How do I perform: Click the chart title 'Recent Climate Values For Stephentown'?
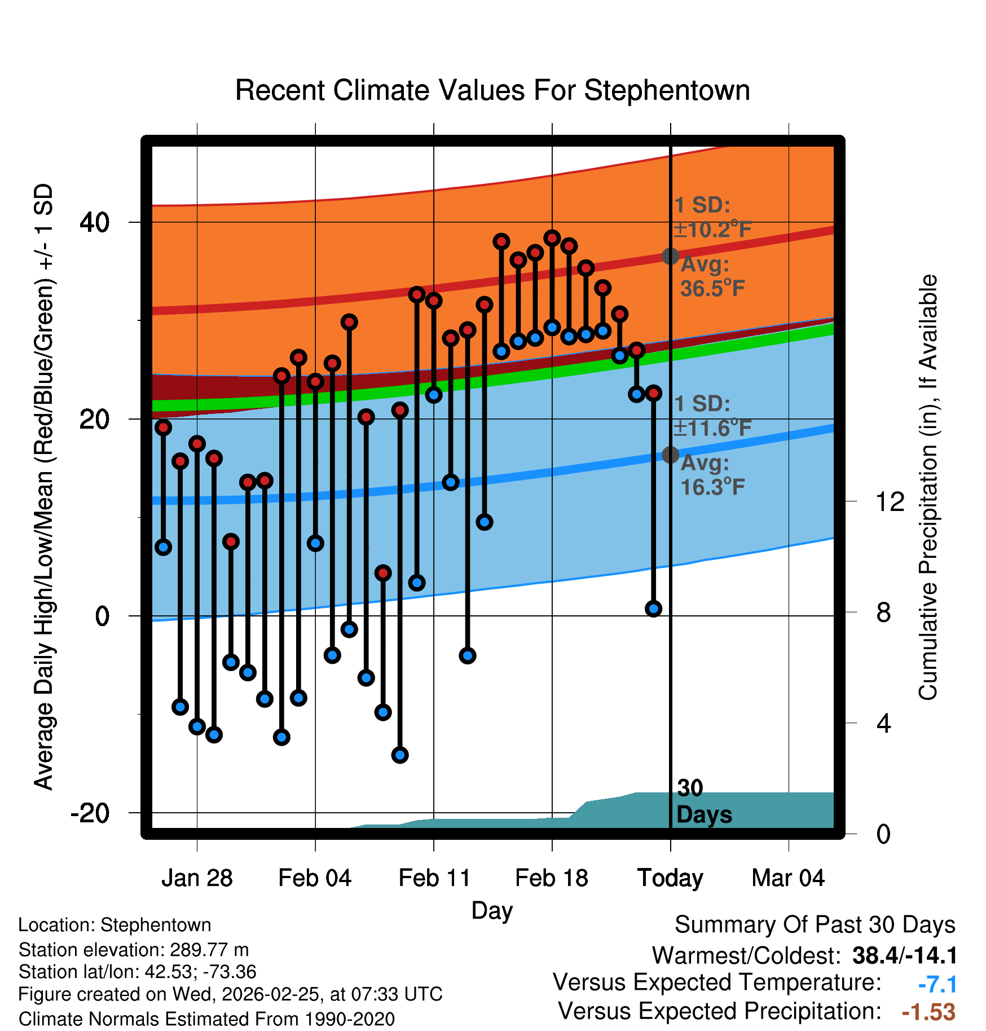(x=492, y=90)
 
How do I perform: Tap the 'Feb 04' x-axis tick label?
(x=315, y=878)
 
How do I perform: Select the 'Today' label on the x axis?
(x=670, y=878)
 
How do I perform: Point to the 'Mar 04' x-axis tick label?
(x=788, y=878)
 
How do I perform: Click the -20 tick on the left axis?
(x=90, y=813)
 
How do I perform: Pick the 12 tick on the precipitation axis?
(x=890, y=501)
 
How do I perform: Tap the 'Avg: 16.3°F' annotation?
(x=712, y=475)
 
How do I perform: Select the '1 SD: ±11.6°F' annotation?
(x=712, y=416)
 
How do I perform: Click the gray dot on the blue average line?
(x=670, y=455)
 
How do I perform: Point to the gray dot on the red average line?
(x=670, y=256)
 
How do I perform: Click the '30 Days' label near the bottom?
(x=703, y=801)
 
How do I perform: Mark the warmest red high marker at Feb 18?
(x=552, y=237)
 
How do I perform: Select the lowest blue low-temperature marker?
(x=400, y=755)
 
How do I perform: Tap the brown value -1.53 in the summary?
(x=928, y=1012)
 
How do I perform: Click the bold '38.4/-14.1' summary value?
(x=904, y=955)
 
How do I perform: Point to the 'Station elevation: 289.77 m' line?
(x=134, y=950)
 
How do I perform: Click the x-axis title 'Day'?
(x=492, y=910)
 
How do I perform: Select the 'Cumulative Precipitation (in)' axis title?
(x=928, y=488)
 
